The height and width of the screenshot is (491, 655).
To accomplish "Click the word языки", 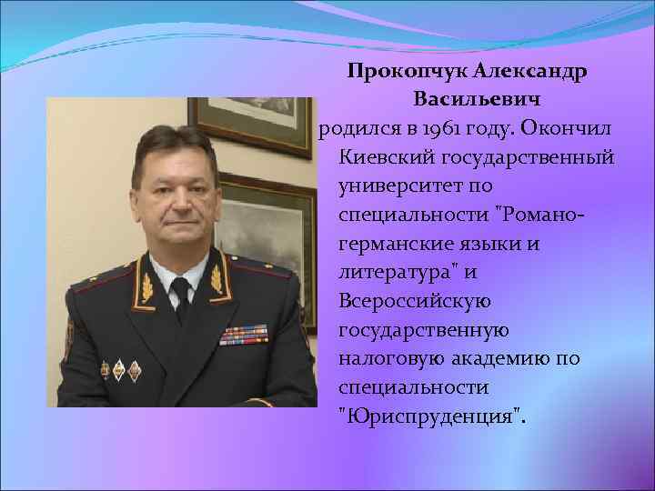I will click(515, 244).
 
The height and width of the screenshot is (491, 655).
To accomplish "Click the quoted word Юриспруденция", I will click(431, 416).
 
